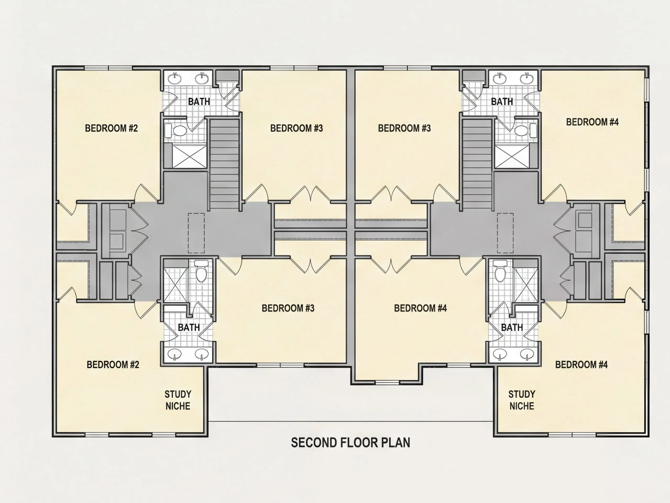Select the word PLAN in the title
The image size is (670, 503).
coord(395,443)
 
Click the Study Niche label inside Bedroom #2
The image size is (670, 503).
coord(178,400)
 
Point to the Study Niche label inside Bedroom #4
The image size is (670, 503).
coord(522,400)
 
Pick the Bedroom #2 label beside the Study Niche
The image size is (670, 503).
coord(113,364)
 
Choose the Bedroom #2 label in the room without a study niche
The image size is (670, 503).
coord(111,128)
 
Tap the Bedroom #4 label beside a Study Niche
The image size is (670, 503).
coord(582,364)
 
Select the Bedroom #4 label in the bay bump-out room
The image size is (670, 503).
coord(420,308)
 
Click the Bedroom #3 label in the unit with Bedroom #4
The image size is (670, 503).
coord(404,128)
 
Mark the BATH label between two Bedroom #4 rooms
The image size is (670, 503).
coord(512,327)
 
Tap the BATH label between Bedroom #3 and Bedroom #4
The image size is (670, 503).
coord(502,101)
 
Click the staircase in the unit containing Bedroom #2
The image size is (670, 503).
coord(225,164)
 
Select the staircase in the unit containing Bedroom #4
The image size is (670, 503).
coord(477,164)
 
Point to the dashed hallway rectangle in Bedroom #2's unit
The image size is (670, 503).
coord(196,233)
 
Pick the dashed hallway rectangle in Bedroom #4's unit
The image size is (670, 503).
coord(505,233)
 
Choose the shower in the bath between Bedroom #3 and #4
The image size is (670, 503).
coord(512,157)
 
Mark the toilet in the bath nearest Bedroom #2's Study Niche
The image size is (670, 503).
coord(201,271)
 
